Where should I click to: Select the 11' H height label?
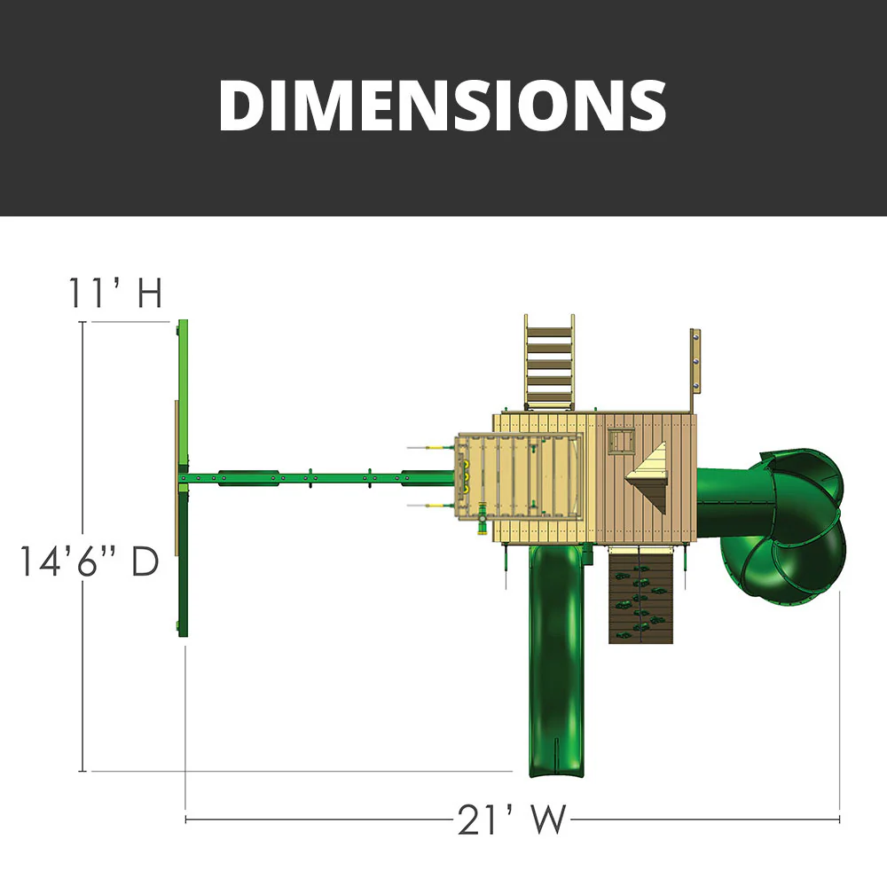tap(116, 294)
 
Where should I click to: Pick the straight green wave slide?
tap(555, 656)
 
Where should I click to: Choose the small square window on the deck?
tap(620, 441)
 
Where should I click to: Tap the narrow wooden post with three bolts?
tap(695, 361)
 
